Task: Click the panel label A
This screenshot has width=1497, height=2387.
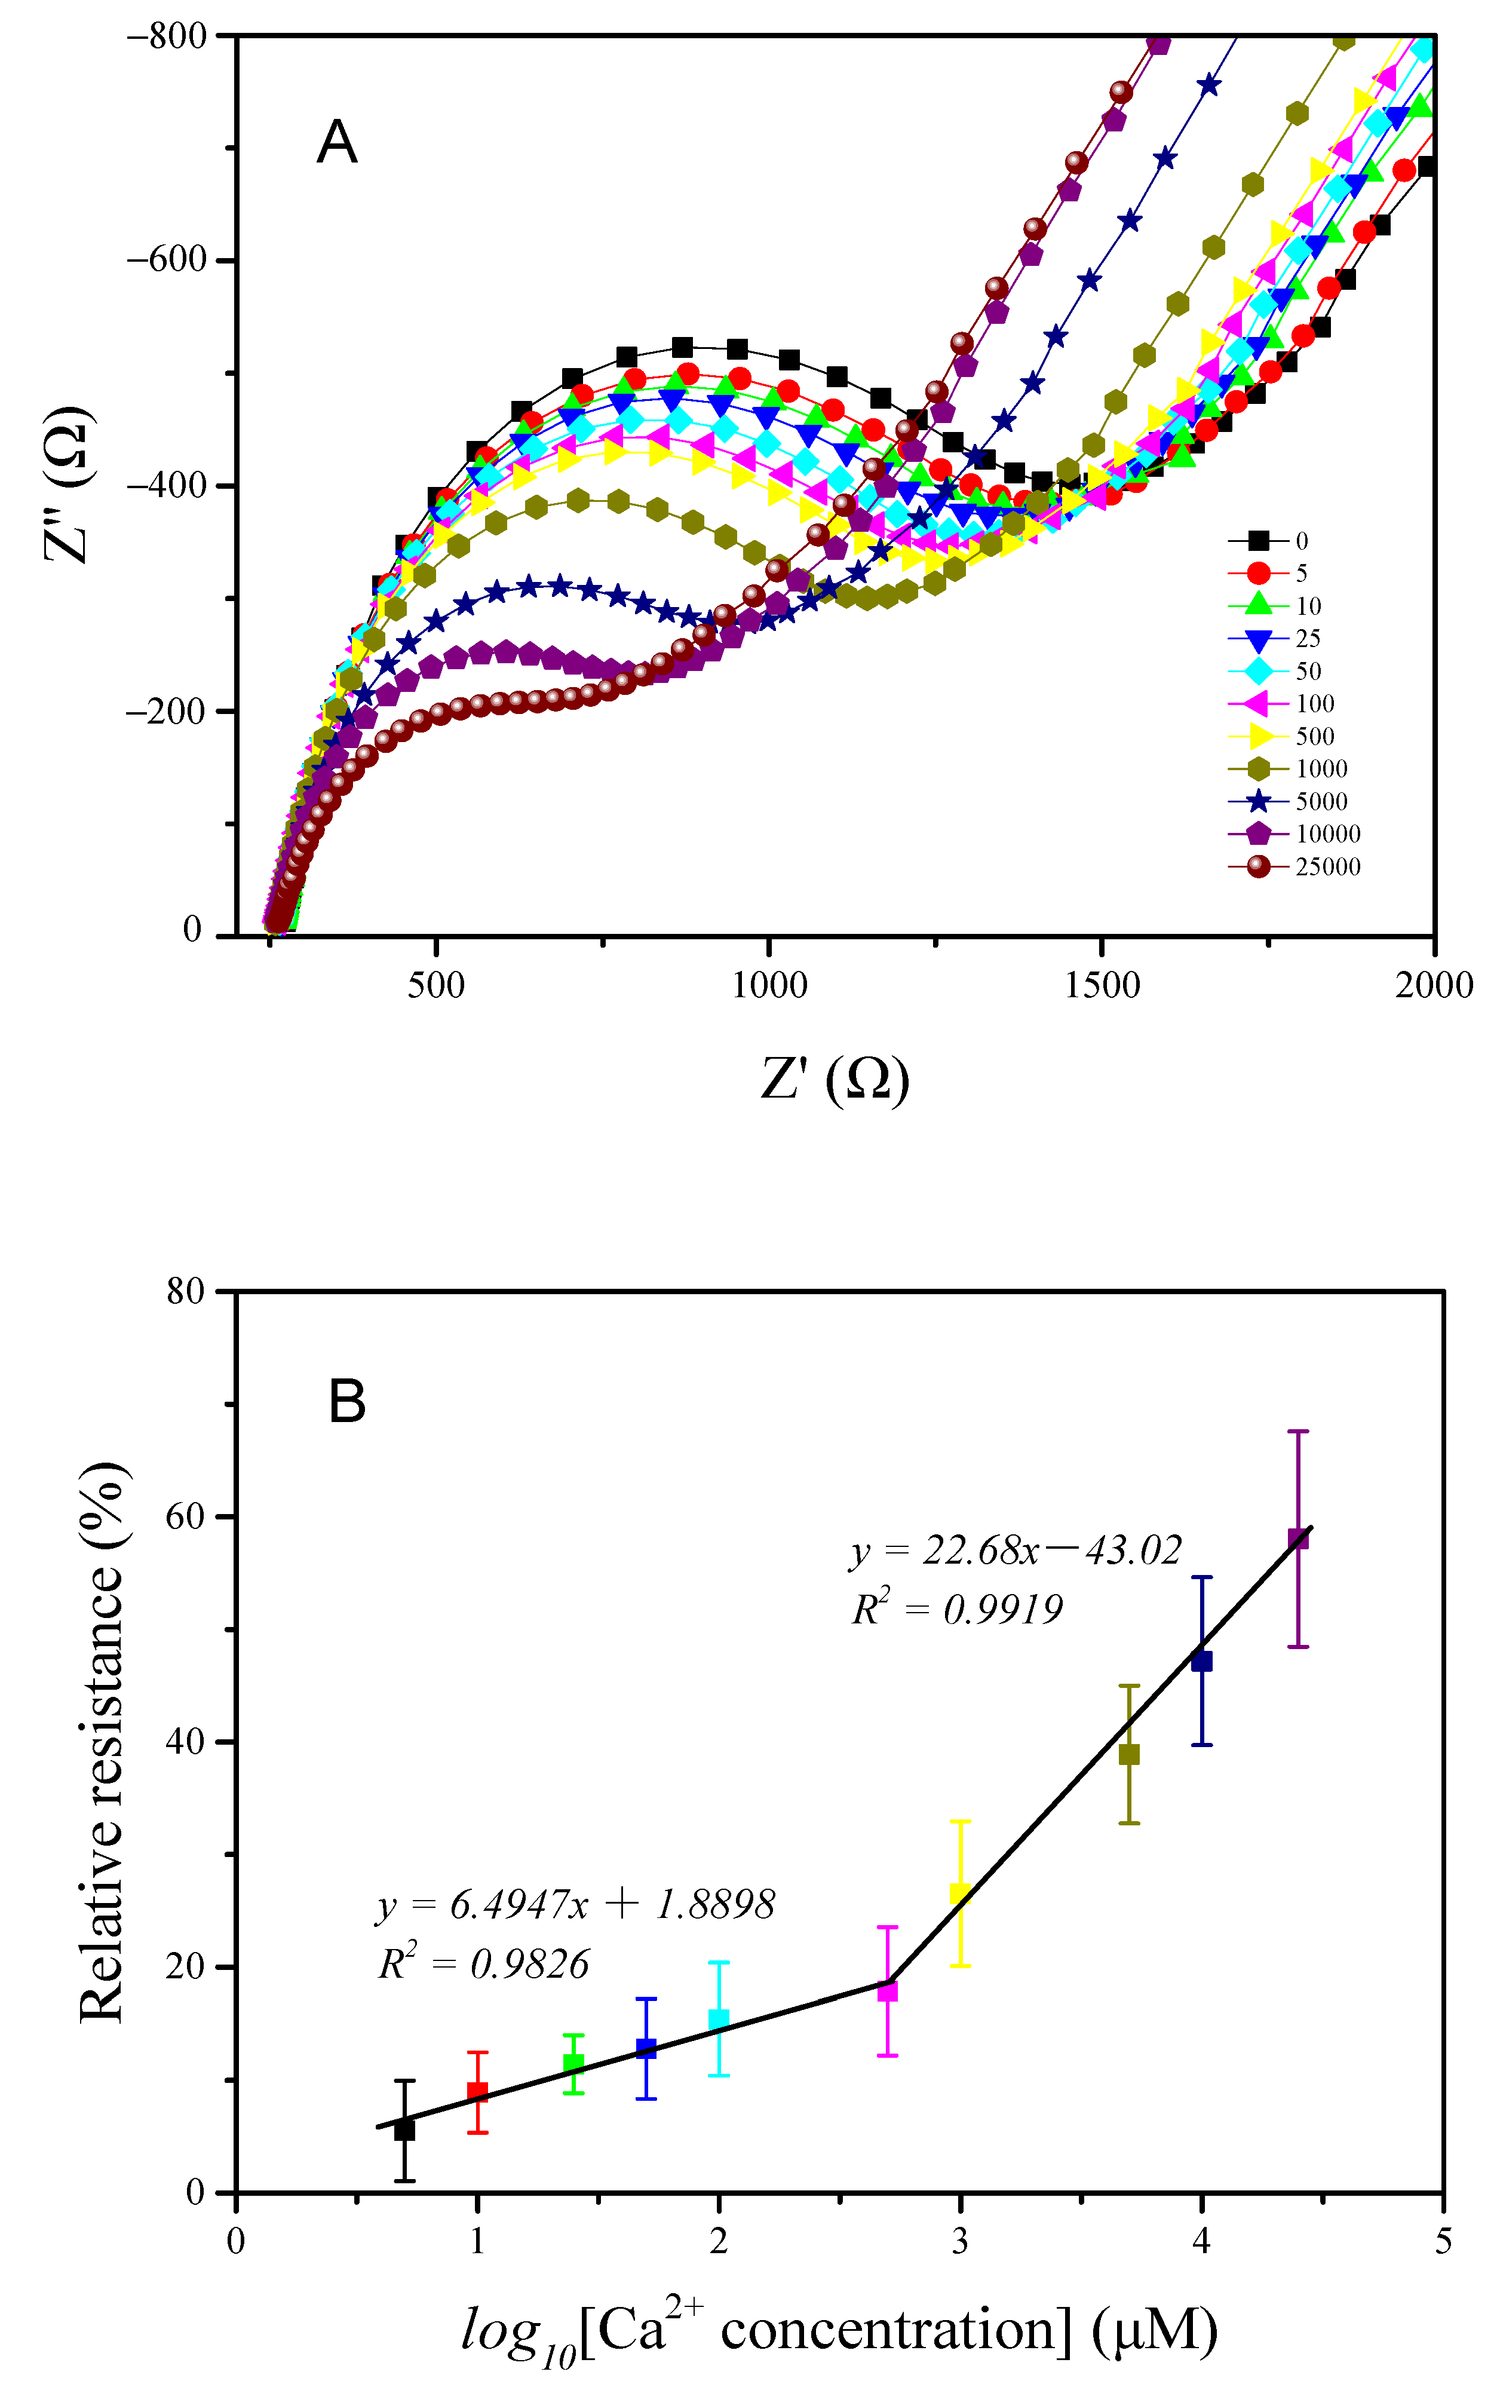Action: pos(337,143)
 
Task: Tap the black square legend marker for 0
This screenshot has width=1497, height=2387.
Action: pos(1259,541)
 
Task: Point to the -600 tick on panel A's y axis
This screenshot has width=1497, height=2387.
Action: pos(166,261)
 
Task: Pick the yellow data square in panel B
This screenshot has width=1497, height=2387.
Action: pos(959,1894)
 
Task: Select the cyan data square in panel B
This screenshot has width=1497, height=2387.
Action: pos(719,2020)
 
